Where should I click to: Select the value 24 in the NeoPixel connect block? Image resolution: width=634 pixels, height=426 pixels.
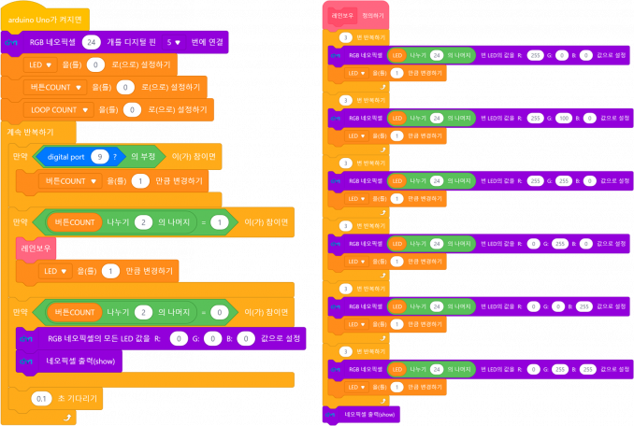92,42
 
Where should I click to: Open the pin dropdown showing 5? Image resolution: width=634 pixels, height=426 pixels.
173,42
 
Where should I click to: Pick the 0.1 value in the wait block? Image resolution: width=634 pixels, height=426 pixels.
41,397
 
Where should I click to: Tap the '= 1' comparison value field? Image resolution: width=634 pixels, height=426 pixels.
219,223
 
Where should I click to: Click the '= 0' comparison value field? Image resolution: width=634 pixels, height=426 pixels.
218,311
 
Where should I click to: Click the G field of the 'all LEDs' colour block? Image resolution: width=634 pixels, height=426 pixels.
213,337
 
